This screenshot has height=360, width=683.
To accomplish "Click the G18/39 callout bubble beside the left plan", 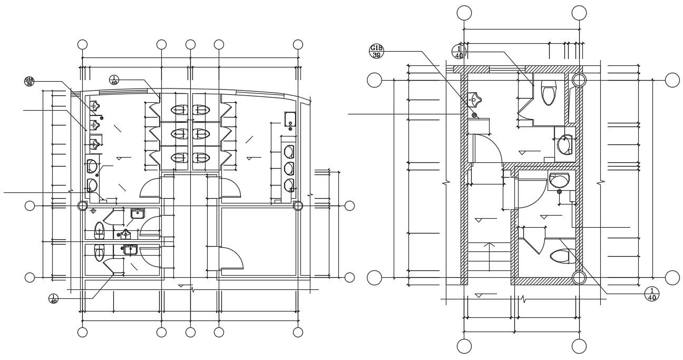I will pos(29,81).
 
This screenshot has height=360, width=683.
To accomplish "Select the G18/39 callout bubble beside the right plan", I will pos(376,51).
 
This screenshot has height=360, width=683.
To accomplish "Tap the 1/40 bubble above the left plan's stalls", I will pos(114,80).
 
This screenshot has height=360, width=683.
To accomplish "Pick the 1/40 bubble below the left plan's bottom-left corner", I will pos(54,298).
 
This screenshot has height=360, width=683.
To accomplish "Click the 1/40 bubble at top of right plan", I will pos(458,52).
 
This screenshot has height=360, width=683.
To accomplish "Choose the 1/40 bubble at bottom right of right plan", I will pos(651,294).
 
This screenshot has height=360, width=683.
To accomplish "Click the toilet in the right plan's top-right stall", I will pos(549,93).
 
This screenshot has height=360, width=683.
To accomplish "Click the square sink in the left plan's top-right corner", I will pos(289,119).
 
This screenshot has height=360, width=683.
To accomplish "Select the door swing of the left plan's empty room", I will pos(232,258).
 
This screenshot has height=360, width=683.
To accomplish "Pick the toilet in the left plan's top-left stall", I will pos(179,110).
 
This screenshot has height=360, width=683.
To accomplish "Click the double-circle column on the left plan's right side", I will pos(298,206).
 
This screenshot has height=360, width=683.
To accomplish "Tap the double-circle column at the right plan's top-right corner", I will pos(579,80).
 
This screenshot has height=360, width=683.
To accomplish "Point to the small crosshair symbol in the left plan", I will pos(93,211).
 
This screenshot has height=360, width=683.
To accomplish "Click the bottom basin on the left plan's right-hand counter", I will pos(289,185).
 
